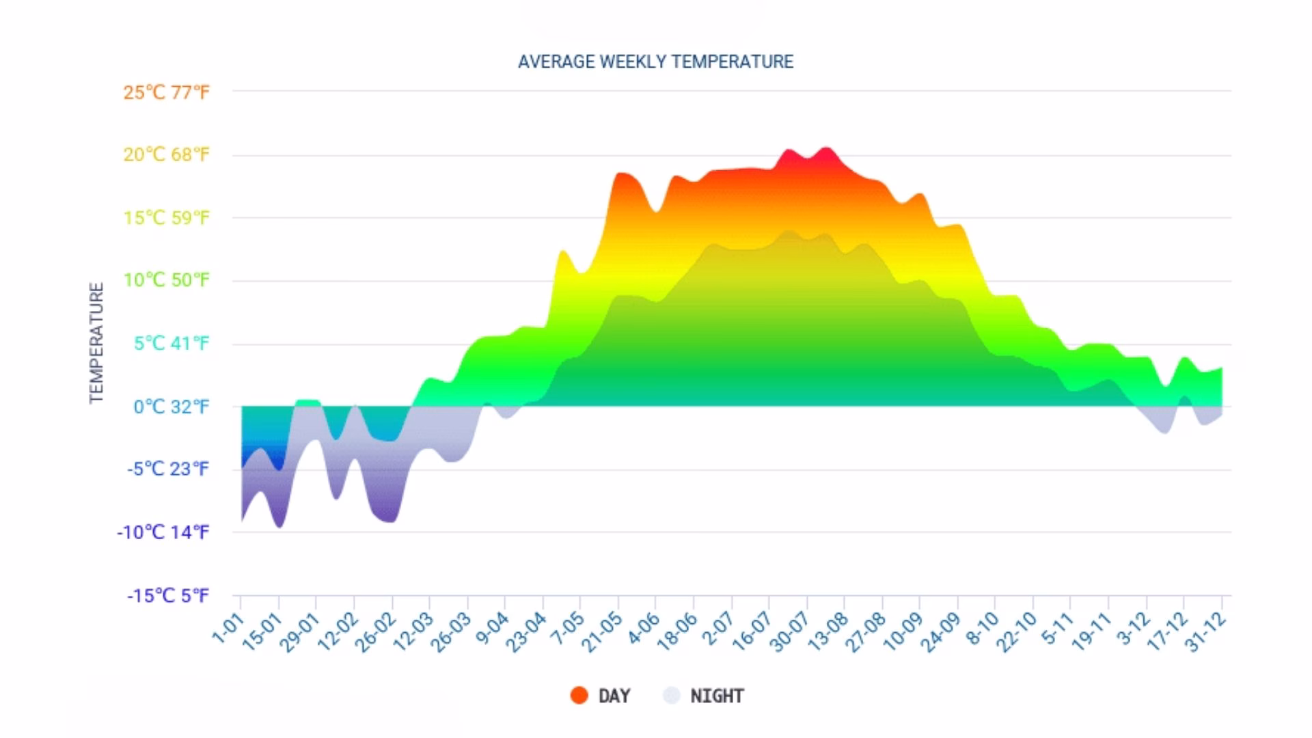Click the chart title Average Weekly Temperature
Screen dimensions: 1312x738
(655, 61)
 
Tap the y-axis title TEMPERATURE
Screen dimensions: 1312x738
(97, 343)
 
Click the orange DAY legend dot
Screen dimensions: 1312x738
(579, 696)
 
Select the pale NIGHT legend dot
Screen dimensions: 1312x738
(672, 696)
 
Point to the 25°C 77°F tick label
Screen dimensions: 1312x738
(166, 92)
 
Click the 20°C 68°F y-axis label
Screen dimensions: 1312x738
(166, 154)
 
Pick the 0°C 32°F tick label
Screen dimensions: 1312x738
(171, 407)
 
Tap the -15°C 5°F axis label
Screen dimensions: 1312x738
(167, 595)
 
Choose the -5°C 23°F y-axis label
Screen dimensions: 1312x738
(167, 469)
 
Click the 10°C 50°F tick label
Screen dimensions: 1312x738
(166, 280)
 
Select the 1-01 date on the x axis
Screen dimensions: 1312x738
(228, 629)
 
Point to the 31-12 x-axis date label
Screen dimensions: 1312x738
(1207, 633)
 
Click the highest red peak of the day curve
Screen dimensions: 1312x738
(826, 148)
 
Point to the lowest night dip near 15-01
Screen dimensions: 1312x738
(279, 526)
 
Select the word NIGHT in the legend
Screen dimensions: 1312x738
(717, 696)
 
